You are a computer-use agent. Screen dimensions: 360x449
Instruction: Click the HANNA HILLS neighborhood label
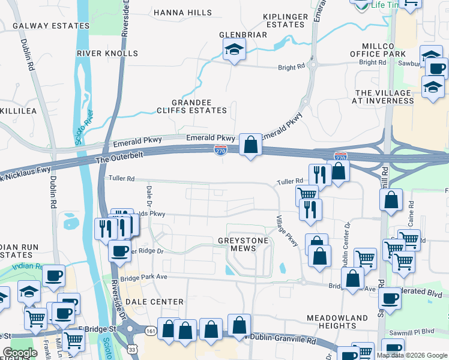coord(182,13)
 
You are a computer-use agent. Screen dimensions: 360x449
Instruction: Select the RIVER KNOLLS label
coord(107,53)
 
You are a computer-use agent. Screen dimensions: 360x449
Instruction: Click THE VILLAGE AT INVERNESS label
coord(393,97)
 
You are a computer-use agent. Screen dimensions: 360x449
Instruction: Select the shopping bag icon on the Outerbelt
coord(250,145)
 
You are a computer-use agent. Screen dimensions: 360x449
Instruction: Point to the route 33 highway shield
coord(132,349)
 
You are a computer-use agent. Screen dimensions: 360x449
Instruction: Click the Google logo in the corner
coord(20,353)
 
